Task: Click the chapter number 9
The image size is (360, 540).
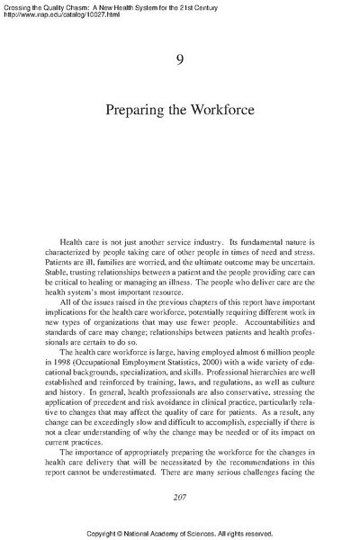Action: [180, 60]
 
